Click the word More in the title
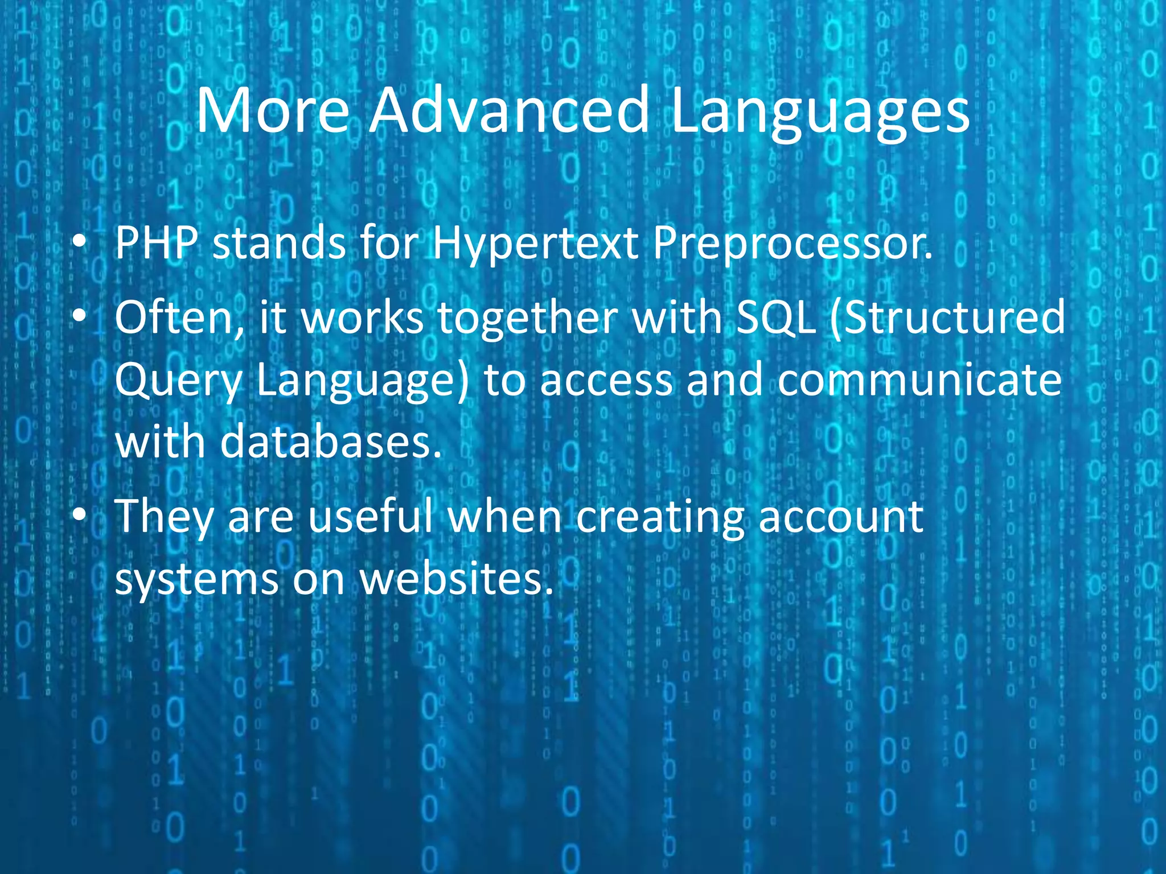tap(272, 110)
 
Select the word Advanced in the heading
tap(509, 110)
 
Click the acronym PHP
tap(156, 244)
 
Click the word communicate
tap(919, 380)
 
